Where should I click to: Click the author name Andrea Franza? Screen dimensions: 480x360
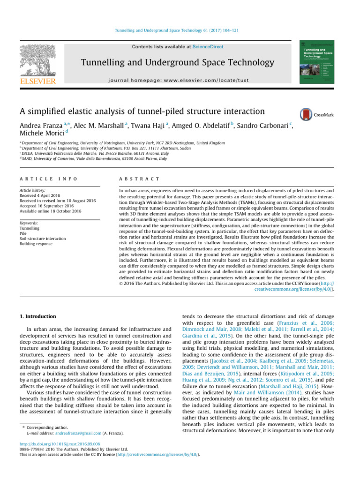(40, 127)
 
